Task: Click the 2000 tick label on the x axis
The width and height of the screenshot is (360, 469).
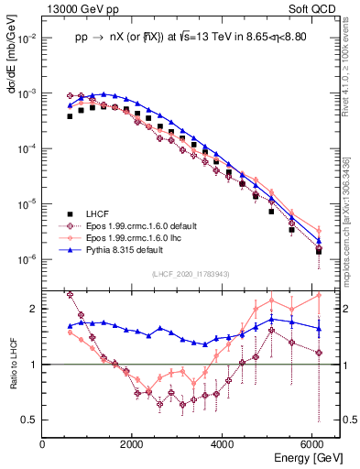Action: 133,443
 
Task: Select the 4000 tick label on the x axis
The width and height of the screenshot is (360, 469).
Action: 223,443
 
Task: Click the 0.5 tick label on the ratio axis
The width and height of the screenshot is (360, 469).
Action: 30,420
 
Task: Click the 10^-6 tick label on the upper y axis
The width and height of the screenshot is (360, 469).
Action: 27,259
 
